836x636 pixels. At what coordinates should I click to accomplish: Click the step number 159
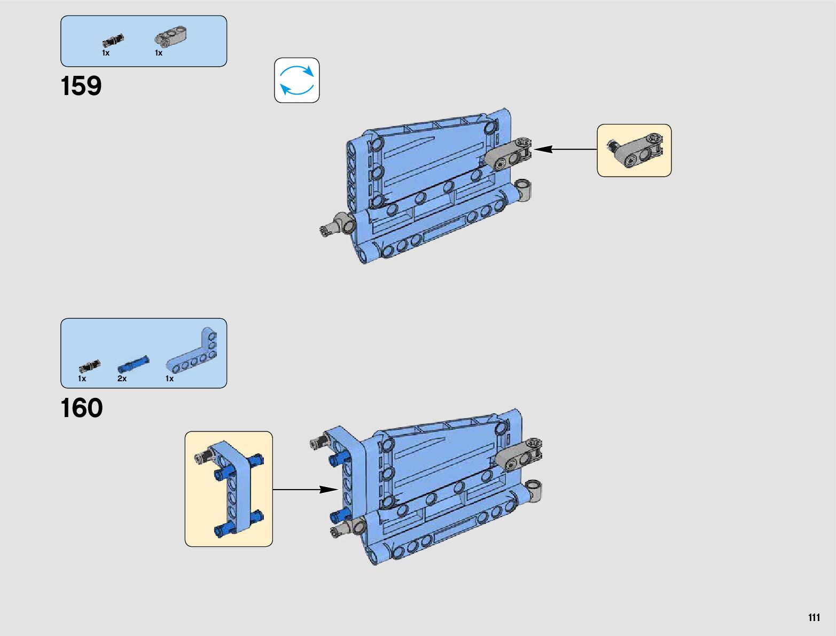click(x=81, y=86)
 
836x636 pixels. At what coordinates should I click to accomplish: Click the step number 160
click(x=82, y=409)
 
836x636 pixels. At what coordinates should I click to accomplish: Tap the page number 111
click(x=814, y=617)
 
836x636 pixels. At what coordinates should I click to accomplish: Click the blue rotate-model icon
click(x=297, y=81)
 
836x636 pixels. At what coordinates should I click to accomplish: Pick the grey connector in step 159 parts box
click(x=170, y=37)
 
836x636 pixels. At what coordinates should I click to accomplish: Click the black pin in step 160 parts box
click(x=89, y=366)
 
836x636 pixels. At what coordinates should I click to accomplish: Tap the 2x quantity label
click(x=122, y=379)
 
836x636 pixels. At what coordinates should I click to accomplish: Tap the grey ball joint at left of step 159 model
click(x=338, y=224)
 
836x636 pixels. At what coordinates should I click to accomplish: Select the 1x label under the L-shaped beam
click(x=170, y=379)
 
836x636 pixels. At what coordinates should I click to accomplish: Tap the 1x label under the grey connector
click(x=159, y=53)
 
